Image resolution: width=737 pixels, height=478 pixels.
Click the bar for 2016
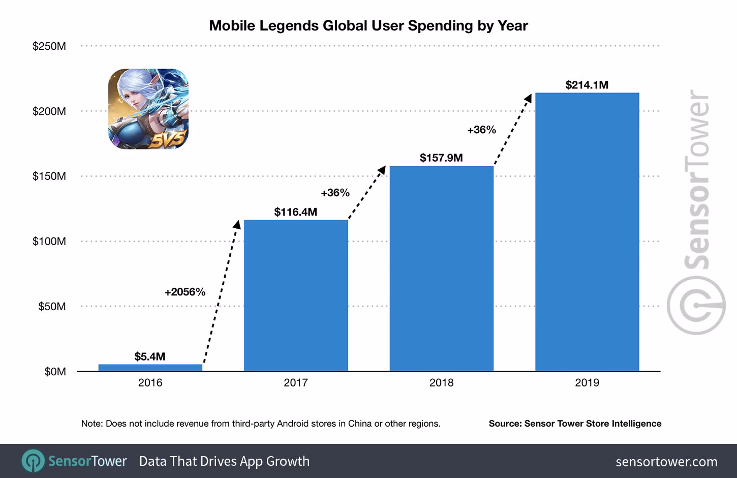(150, 367)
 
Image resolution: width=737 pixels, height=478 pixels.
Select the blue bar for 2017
(296, 295)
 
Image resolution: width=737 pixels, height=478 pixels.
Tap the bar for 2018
(441, 268)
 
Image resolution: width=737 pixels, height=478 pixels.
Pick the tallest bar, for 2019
(587, 232)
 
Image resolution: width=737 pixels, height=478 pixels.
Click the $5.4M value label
(150, 356)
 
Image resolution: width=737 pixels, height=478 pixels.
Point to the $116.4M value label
(295, 212)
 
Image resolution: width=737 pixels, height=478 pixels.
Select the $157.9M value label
(441, 158)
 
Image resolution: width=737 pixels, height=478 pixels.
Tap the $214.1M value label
(587, 85)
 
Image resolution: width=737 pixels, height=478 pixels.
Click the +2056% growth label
(185, 292)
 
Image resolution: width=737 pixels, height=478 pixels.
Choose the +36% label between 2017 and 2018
(335, 193)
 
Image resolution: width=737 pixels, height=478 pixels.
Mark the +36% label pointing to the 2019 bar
(481, 130)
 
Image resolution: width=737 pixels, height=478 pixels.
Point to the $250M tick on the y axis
(49, 46)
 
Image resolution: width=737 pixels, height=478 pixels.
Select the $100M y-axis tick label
(49, 241)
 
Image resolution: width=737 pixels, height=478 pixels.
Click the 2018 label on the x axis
(441, 382)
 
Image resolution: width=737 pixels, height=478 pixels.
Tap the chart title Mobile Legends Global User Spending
(368, 25)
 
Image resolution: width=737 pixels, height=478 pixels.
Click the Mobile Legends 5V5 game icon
(148, 109)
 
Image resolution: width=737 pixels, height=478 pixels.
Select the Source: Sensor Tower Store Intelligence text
(575, 424)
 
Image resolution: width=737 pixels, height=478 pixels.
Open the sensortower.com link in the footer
(666, 462)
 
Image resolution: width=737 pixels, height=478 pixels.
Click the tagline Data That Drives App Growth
(224, 461)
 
